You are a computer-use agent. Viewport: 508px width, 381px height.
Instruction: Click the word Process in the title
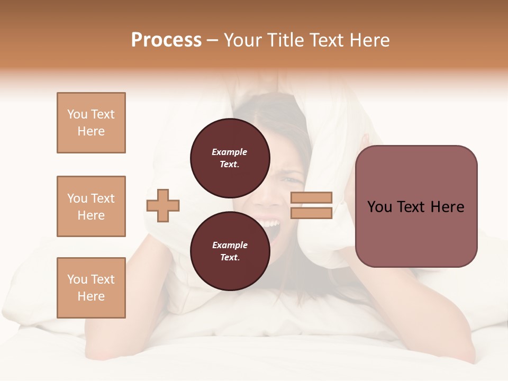click(x=166, y=40)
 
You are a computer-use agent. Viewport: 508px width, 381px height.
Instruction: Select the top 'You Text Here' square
click(x=91, y=123)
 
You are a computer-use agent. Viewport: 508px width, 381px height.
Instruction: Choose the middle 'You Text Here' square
click(x=91, y=206)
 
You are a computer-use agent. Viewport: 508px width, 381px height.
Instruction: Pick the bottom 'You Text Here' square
click(x=91, y=288)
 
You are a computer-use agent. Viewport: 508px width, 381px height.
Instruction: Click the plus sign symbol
click(x=163, y=205)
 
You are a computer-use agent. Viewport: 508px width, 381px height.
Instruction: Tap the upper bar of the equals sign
click(x=312, y=197)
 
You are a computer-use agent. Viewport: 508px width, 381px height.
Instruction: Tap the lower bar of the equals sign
click(x=312, y=213)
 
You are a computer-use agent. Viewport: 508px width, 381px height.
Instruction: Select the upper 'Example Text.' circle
click(x=230, y=158)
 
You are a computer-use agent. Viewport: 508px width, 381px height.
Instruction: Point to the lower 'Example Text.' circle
click(x=230, y=251)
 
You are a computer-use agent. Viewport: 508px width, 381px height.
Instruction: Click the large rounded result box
click(x=416, y=206)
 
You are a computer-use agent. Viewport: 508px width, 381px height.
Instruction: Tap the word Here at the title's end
click(x=369, y=40)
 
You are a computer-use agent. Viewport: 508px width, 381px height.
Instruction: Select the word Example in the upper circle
click(x=230, y=152)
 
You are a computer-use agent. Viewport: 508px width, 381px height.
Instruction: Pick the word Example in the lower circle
click(x=230, y=245)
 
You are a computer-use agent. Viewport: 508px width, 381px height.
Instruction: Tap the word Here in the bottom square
click(x=91, y=296)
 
